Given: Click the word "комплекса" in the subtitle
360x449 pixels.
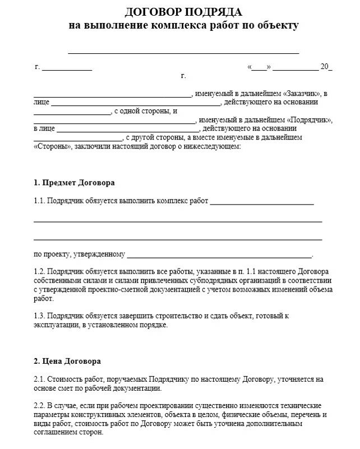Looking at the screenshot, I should [182, 25].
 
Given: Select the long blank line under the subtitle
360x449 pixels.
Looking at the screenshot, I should [183, 52].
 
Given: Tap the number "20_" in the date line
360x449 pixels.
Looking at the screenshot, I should [326, 67].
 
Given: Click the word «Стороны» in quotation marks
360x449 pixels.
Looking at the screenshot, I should [52, 146].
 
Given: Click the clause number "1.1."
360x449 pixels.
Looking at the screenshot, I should [39, 201].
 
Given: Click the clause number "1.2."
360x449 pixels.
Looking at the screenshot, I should [39, 271].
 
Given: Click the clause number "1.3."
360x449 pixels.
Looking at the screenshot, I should [39, 316].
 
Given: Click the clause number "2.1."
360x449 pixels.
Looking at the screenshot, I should [39, 379].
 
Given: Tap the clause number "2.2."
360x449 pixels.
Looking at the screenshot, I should [39, 406].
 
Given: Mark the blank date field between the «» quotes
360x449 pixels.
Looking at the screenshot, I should [259, 67].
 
